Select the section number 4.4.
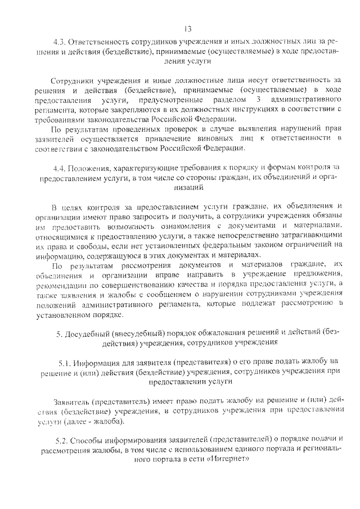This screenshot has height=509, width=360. tap(60, 168)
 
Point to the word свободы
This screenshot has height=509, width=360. tap(107, 245)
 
